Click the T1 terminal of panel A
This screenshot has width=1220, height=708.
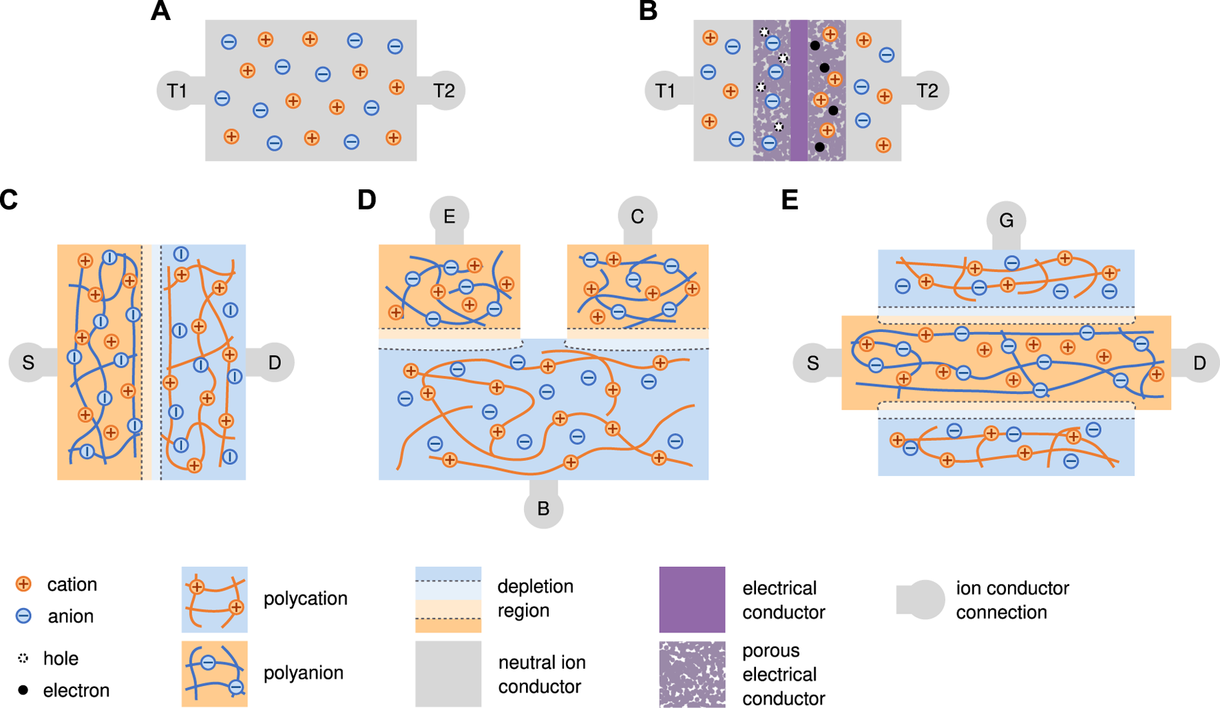tap(177, 90)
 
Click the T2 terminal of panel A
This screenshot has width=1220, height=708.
tap(444, 90)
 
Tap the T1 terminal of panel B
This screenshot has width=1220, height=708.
tap(665, 90)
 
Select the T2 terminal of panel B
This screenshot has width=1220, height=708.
tap(927, 90)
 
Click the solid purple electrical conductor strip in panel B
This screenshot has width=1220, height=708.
tap(799, 90)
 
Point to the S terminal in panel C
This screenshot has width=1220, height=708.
tap(28, 362)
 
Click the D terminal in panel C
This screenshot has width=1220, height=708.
tap(275, 362)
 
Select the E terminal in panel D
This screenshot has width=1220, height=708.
tap(450, 216)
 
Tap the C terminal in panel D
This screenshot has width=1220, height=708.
tap(638, 216)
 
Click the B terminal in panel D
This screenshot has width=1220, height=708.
tap(543, 508)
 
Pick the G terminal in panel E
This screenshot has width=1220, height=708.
tap(1007, 220)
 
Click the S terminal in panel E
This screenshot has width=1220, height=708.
tap(813, 363)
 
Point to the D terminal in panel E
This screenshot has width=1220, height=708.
tap(1199, 363)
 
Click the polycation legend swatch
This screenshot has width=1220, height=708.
tap(214, 599)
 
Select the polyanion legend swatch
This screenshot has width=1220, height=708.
tap(214, 674)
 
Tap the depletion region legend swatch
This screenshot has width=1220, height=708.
tap(448, 599)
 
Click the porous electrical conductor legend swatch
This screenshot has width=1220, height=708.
tap(692, 674)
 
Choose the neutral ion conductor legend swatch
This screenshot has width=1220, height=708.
tap(448, 674)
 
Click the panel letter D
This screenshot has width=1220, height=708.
tap(367, 200)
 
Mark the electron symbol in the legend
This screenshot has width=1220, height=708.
tap(23, 689)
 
